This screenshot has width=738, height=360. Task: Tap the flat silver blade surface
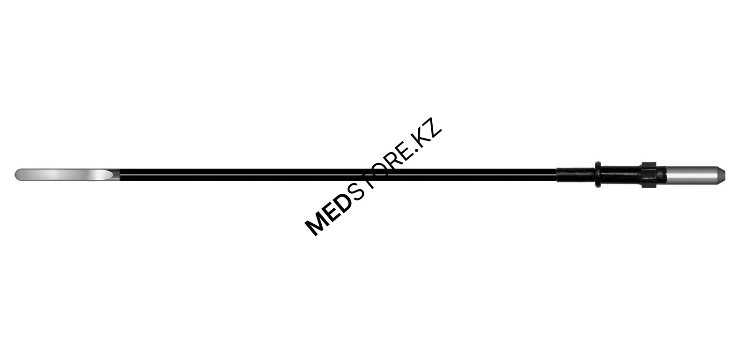63,175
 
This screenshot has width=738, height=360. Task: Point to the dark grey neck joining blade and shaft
115,175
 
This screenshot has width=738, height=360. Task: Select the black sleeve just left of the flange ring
576,175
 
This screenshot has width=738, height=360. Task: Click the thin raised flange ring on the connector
598,175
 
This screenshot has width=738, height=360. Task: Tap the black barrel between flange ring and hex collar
621,175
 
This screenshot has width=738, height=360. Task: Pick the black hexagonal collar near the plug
649,175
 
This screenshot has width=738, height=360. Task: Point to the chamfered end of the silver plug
721,175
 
